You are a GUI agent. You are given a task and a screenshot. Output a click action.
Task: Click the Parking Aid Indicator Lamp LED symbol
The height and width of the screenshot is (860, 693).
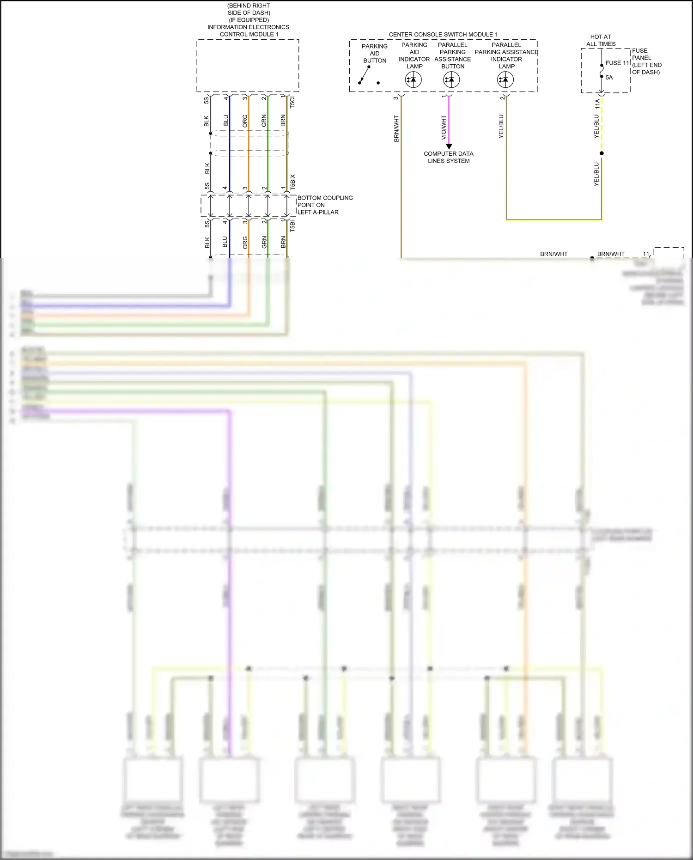pos(413,80)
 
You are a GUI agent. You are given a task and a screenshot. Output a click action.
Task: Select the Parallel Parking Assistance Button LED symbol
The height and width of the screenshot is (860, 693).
pos(451,80)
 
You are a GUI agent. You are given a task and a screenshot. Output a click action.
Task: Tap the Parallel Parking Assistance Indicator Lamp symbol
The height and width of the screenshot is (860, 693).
pos(505,80)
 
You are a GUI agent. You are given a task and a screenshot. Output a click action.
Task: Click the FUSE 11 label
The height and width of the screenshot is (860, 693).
pos(617,63)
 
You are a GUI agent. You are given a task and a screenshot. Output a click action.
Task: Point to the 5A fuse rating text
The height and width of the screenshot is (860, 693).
pos(609,78)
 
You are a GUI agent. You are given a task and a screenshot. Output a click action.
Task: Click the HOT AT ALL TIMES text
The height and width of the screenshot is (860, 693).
pos(601,40)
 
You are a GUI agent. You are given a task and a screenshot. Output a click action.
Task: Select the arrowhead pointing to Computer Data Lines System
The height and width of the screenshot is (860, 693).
pos(449,146)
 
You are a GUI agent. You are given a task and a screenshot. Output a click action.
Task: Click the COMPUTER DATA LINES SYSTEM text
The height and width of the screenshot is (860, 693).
pos(448,157)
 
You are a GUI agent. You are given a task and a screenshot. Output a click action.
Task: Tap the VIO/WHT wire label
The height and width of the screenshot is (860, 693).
pos(444,128)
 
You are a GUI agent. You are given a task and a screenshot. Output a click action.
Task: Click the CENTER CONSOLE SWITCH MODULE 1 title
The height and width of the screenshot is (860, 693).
pos(443,35)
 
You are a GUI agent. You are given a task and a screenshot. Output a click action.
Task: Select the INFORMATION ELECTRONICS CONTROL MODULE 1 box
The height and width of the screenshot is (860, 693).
pos(248,66)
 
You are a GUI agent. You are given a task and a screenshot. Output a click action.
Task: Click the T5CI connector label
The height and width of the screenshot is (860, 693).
pos(292,103)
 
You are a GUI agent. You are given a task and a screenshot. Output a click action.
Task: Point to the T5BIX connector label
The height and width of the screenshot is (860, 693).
pos(292,182)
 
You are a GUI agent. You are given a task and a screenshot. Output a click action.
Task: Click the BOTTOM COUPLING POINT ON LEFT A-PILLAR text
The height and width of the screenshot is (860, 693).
pos(324,205)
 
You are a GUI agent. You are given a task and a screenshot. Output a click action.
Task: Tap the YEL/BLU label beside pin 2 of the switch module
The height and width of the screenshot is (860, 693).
pos(501,126)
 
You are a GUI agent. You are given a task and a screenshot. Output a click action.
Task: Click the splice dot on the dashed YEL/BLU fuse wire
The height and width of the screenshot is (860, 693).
pos(602,153)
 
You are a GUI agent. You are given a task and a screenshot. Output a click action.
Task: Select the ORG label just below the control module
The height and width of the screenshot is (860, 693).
pos(245,121)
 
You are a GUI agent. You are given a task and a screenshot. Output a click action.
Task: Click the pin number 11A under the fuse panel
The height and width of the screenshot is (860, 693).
pos(597,104)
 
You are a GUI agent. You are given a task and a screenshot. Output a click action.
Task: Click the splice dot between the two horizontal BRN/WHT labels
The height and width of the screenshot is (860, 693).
pos(592,258)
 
